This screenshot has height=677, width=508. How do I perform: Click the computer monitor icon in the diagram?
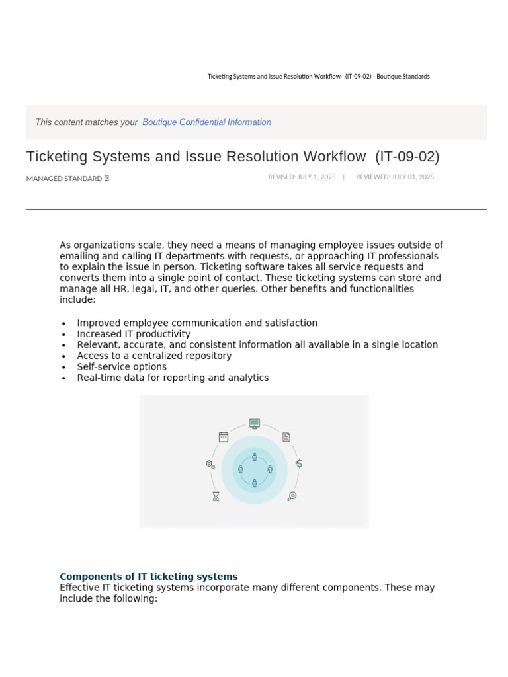click(x=255, y=423)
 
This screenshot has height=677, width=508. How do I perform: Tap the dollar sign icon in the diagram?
click(x=299, y=463)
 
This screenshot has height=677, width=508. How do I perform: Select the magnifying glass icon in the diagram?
click(x=292, y=496)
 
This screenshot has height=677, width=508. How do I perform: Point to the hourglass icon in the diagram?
click(x=216, y=496)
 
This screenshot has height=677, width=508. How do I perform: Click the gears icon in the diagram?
click(x=210, y=465)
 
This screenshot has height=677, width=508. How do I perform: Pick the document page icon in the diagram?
click(x=286, y=437)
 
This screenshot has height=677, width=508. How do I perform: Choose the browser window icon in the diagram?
click(x=224, y=437)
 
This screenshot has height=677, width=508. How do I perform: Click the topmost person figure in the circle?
click(x=255, y=456)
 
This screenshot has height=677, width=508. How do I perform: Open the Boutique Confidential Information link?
click(x=206, y=122)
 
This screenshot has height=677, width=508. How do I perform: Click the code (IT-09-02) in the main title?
click(x=407, y=157)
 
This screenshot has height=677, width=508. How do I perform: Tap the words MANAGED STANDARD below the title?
click(x=64, y=179)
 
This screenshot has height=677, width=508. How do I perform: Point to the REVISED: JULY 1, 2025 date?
click(x=302, y=177)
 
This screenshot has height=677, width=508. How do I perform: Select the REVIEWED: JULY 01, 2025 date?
click(x=395, y=177)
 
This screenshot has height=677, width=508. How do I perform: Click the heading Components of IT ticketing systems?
click(x=149, y=577)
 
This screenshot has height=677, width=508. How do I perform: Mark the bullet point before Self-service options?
click(x=63, y=368)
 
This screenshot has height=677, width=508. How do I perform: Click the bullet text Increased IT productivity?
click(x=134, y=334)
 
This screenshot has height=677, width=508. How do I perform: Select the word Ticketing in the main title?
click(x=58, y=157)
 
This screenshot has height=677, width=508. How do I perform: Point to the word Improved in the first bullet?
click(x=97, y=323)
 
